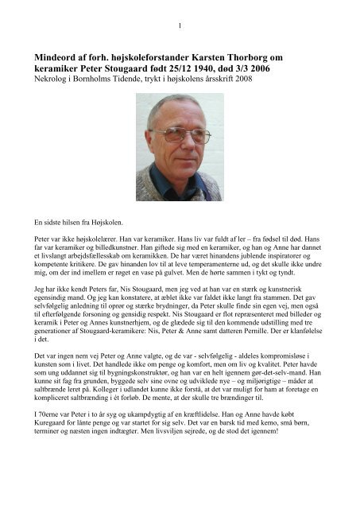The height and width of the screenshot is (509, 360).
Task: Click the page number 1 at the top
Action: [x=180, y=25]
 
